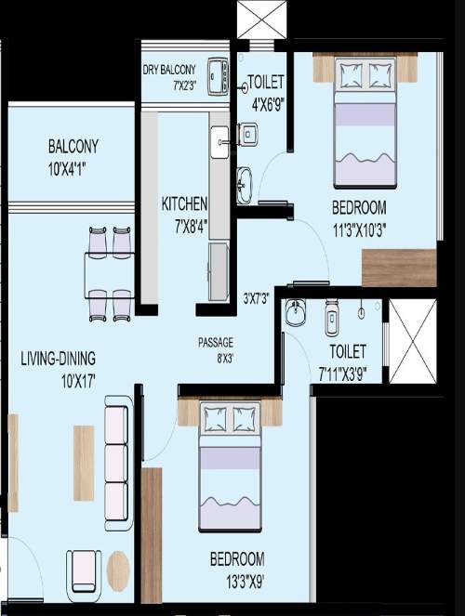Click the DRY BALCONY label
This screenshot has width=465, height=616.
coord(169,69)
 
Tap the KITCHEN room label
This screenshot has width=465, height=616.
coord(184,203)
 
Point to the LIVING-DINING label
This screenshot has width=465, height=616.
coord(59,358)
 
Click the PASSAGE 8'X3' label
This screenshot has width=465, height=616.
coord(215,342)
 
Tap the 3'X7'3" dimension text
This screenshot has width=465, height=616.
coord(258,299)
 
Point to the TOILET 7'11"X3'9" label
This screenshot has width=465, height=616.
coord(347,360)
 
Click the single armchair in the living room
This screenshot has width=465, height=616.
coord(85,570)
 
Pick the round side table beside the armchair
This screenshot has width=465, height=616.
coord(118,570)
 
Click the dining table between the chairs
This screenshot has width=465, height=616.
coord(110,274)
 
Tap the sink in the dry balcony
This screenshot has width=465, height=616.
coord(218,76)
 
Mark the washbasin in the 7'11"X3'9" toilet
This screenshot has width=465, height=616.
coord(296,314)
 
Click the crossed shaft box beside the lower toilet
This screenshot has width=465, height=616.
coord(412,341)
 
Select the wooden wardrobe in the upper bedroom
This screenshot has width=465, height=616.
coord(398,268)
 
